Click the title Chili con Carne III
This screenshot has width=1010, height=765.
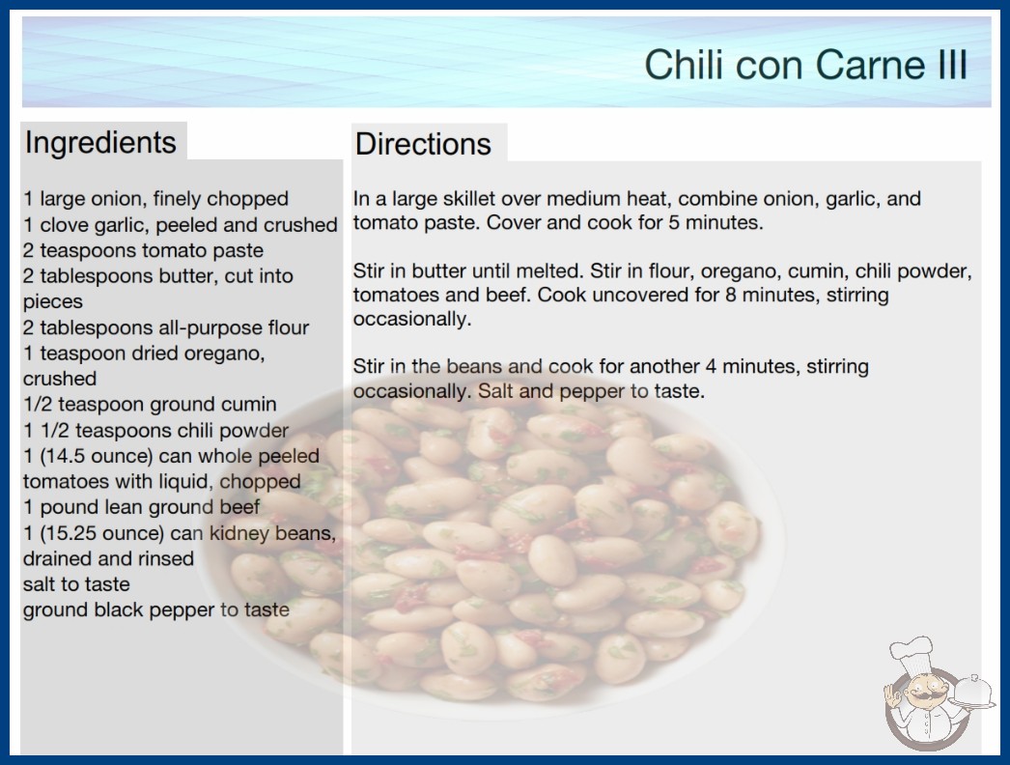pos(806,65)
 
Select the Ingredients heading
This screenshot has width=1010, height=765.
pos(100,142)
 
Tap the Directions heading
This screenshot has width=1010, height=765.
pos(423,144)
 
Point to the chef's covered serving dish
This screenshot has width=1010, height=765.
pos(972,692)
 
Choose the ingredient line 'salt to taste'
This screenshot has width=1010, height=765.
pos(76,584)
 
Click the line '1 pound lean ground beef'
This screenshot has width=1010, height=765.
pos(142,507)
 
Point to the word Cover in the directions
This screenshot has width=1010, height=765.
pos(512,222)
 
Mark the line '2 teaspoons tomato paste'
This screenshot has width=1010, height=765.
pos(143,250)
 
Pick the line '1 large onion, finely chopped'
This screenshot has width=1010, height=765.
pos(155,199)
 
